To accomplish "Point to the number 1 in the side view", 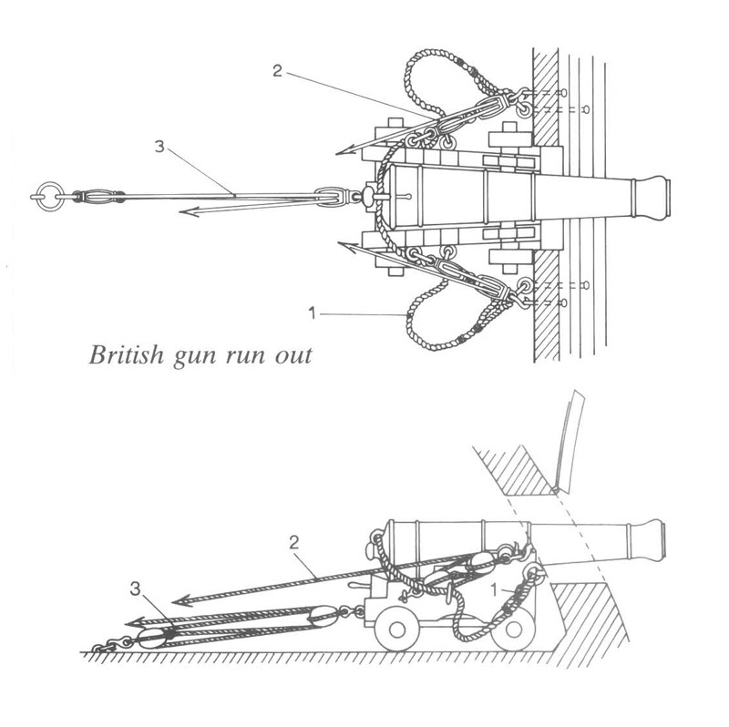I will [496, 589].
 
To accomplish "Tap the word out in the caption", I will [293, 354].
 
